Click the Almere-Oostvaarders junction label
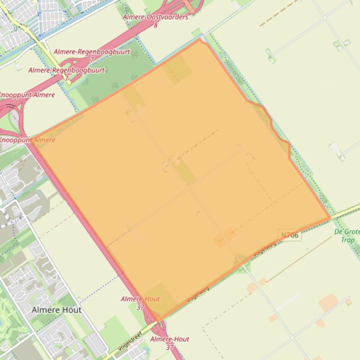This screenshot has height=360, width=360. click(155, 17)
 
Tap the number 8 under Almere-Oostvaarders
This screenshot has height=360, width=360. click(156, 25)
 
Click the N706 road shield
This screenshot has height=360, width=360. click(290, 235)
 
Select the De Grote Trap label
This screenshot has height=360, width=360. click(347, 236)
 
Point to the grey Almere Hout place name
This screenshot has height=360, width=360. click(57, 310)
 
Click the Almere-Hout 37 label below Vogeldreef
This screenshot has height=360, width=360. click(170, 343)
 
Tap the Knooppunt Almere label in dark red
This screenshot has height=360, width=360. click(28, 95)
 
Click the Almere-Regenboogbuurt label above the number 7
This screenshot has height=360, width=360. click(92, 52)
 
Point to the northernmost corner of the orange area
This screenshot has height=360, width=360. click(200, 39)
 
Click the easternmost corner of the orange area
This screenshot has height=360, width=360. click(330, 217)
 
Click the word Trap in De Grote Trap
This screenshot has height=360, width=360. click(347, 240)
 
